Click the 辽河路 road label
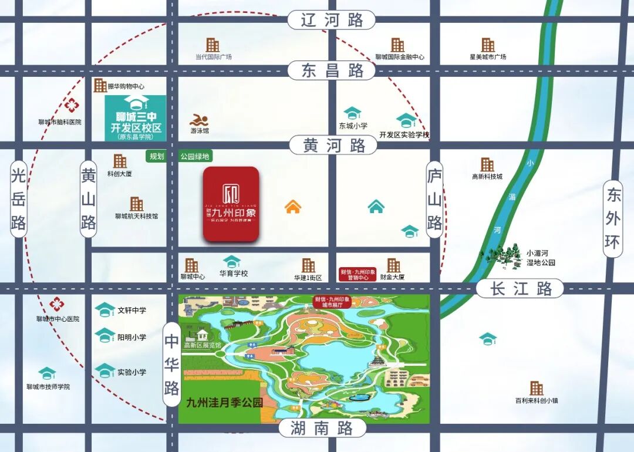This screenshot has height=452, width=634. click(332, 20)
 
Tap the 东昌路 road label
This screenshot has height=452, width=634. click(332, 71)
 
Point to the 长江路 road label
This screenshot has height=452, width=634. click(520, 288)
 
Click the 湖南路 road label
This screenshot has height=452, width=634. click(322, 428)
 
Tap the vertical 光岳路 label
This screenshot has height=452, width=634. click(19, 199)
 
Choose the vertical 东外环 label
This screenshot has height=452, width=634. click(613, 218)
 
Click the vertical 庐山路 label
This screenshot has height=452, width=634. click(434, 200)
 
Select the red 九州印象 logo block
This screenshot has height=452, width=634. click(231, 204)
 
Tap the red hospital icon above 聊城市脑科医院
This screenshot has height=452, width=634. click(72, 106)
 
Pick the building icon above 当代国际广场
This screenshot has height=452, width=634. click(213, 45)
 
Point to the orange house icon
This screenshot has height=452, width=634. click(292, 207)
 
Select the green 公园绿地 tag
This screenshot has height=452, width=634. click(195, 157)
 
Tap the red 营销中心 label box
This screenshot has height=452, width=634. click(358, 274)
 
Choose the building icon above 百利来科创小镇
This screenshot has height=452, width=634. click(536, 388)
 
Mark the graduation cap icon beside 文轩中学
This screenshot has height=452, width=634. click(105, 310)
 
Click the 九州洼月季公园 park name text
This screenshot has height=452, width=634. click(224, 403)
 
